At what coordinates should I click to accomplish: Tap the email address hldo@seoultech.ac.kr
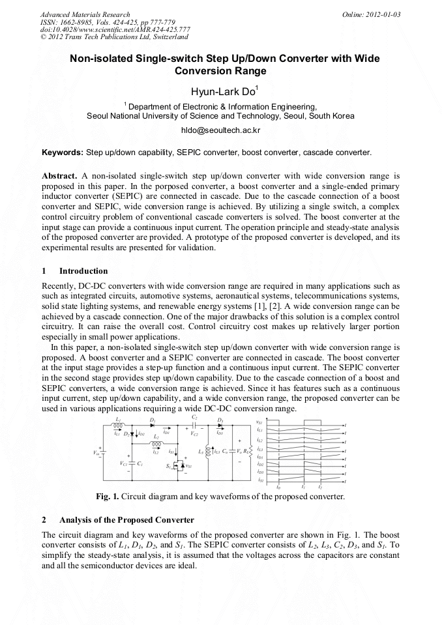tap(220, 130)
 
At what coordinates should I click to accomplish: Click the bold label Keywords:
tap(63, 153)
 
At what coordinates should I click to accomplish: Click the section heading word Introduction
tap(83, 270)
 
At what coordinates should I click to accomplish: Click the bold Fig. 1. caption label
tap(110, 497)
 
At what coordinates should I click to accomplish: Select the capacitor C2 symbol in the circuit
tap(194, 424)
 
